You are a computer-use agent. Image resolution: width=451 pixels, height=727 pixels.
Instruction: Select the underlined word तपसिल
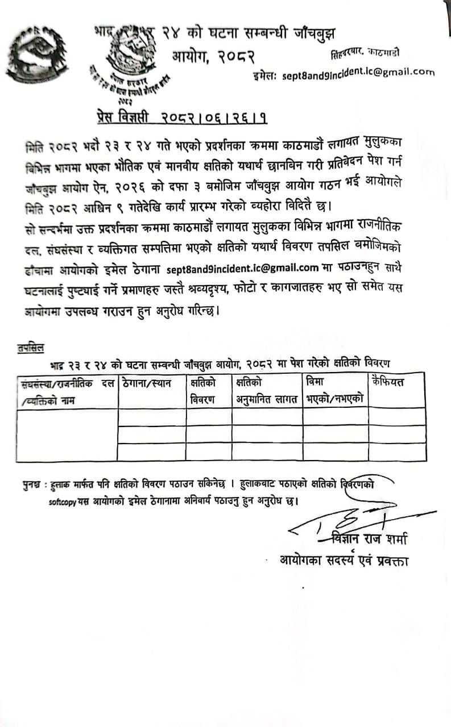(x=31, y=344)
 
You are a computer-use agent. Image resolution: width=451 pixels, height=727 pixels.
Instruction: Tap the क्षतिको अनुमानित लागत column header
(x=267, y=390)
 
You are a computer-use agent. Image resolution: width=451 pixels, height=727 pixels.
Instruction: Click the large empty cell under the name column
(x=67, y=434)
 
